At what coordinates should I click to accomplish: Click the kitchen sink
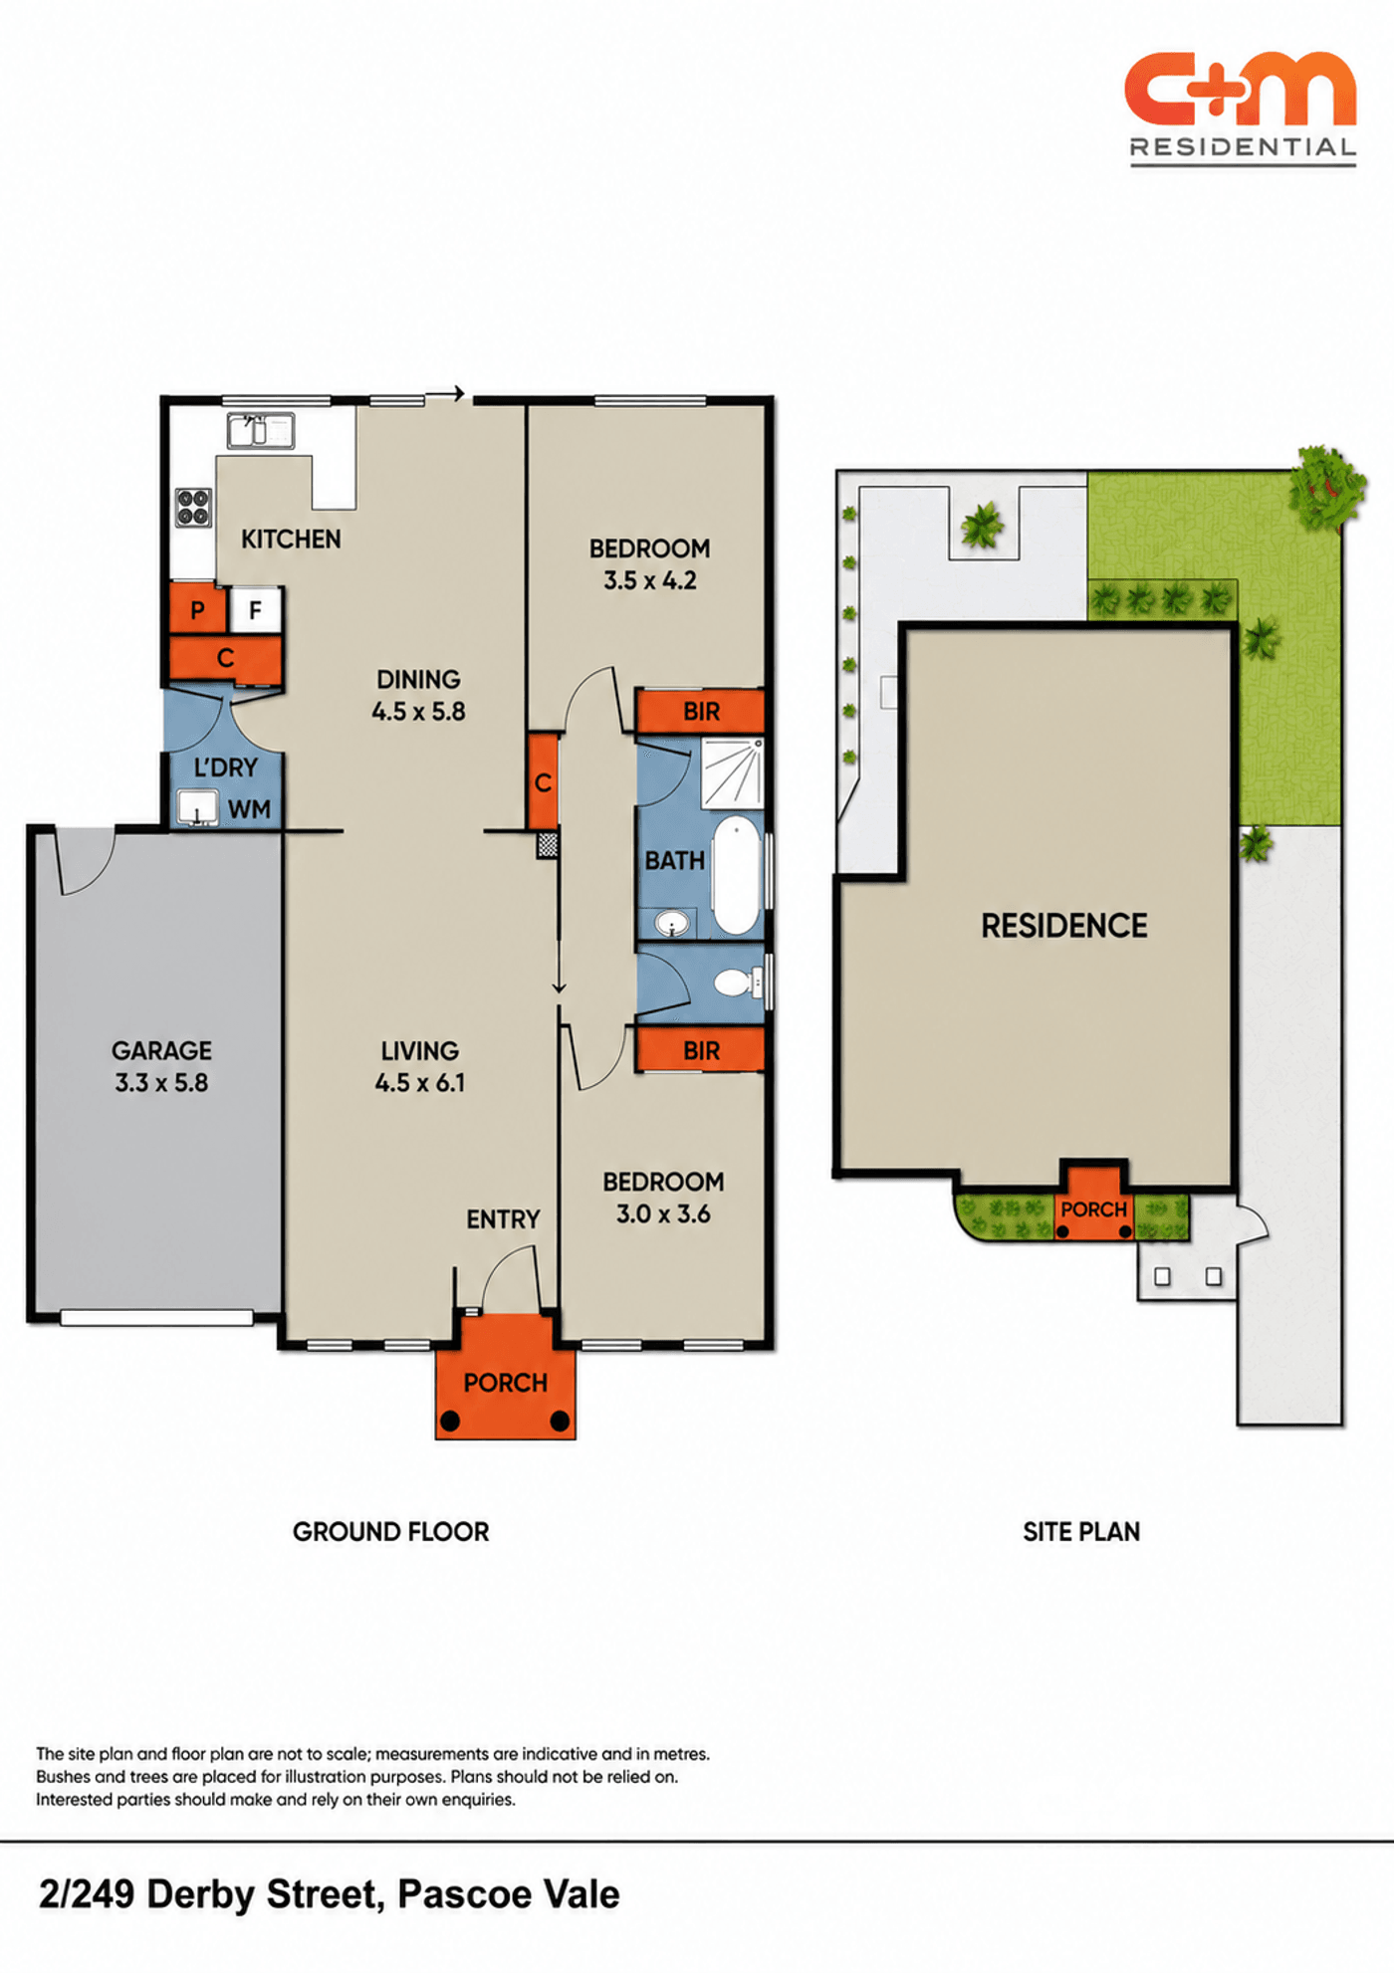260,431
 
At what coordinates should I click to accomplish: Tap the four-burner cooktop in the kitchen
193,507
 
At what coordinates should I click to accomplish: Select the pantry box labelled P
197,609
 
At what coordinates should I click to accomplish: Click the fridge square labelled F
255,609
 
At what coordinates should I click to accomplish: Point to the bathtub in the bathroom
736,875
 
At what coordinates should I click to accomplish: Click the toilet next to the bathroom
739,984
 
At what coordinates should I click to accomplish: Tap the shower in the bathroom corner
732,773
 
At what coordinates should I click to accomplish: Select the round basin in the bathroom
672,925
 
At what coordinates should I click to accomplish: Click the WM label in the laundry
249,809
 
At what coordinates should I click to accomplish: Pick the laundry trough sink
197,807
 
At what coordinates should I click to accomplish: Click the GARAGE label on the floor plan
161,1050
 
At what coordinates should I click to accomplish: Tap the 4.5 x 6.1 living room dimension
419,1082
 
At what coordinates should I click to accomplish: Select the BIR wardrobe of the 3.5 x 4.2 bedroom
700,711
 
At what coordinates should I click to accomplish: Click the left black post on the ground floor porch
450,1421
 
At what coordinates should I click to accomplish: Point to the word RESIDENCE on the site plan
1064,926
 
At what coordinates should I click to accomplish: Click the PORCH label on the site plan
1093,1209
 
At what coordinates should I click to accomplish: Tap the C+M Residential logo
1242,108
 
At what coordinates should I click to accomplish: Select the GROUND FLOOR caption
390,1531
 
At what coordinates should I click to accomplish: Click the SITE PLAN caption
1081,1531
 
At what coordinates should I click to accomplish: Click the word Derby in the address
203,1894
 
